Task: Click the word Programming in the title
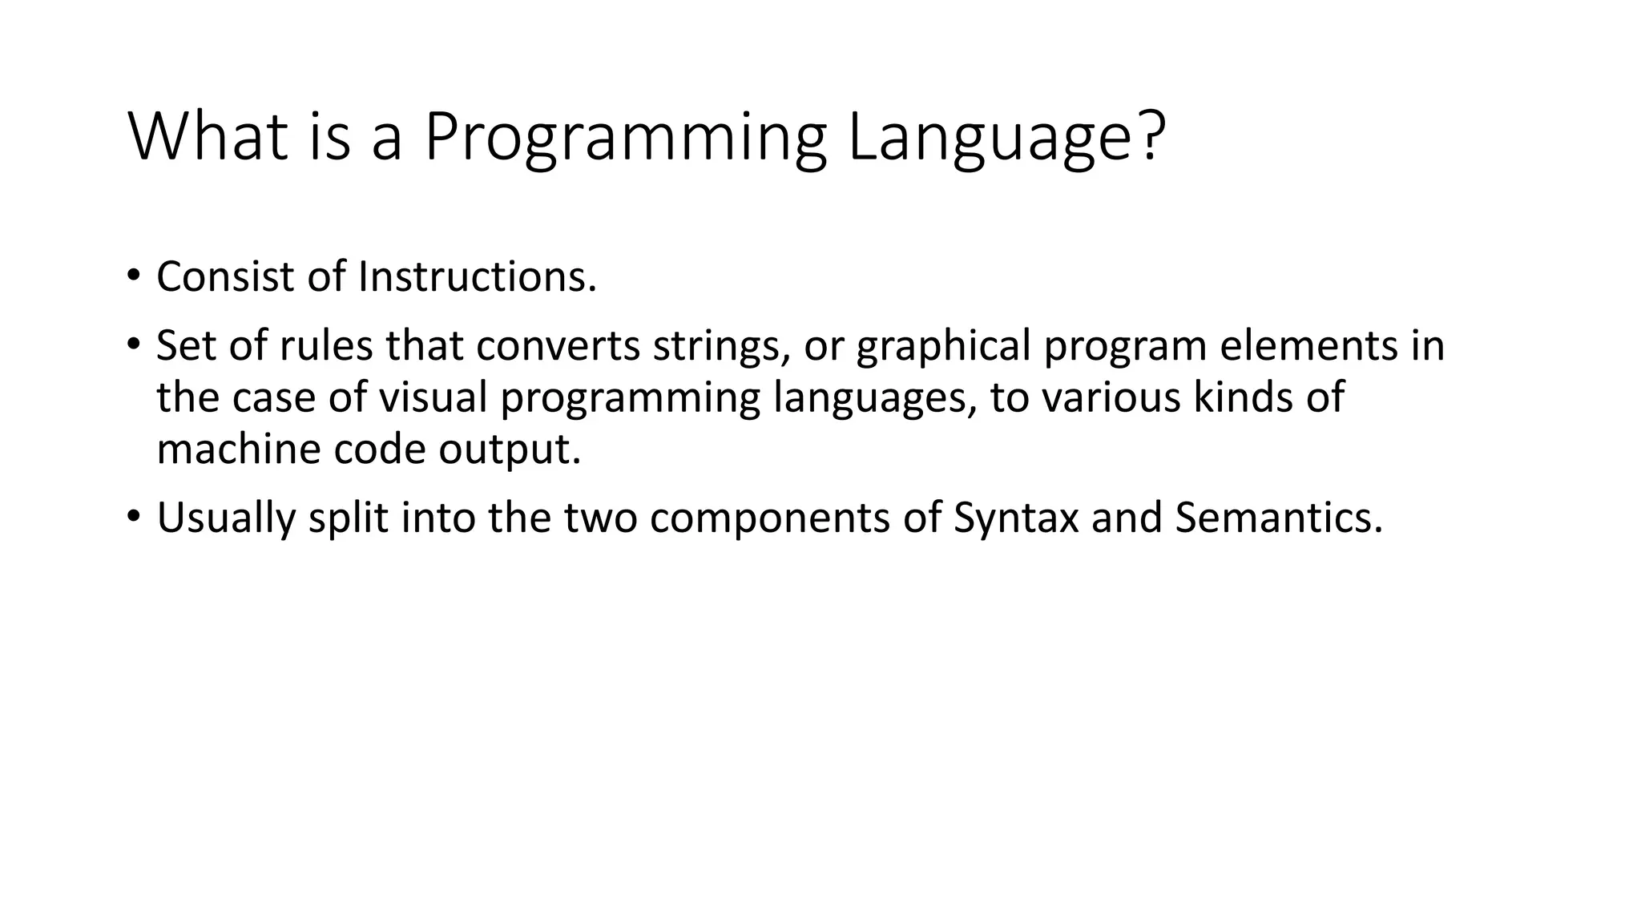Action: click(625, 138)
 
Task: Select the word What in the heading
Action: click(208, 138)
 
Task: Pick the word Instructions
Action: click(477, 276)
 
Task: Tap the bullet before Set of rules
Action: click(133, 345)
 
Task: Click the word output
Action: click(509, 449)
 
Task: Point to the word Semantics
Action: click(1279, 518)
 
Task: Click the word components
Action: click(770, 518)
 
